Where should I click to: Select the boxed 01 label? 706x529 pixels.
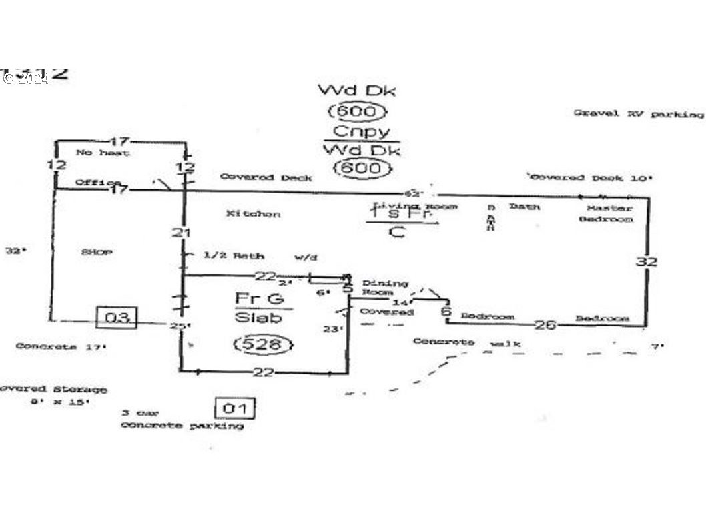tap(234, 408)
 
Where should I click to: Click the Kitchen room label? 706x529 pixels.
tap(253, 214)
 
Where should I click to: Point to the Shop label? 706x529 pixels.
tap(96, 252)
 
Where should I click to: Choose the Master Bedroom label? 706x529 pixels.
tap(605, 213)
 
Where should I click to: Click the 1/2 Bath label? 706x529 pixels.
tap(234, 256)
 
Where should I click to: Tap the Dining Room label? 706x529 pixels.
tap(384, 288)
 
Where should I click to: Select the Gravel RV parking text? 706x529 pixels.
tap(638, 114)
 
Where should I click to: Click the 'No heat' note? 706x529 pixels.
tap(103, 153)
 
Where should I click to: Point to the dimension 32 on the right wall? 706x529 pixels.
tap(646, 261)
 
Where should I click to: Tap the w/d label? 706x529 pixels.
tap(304, 256)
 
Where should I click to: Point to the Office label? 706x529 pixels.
tap(97, 183)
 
